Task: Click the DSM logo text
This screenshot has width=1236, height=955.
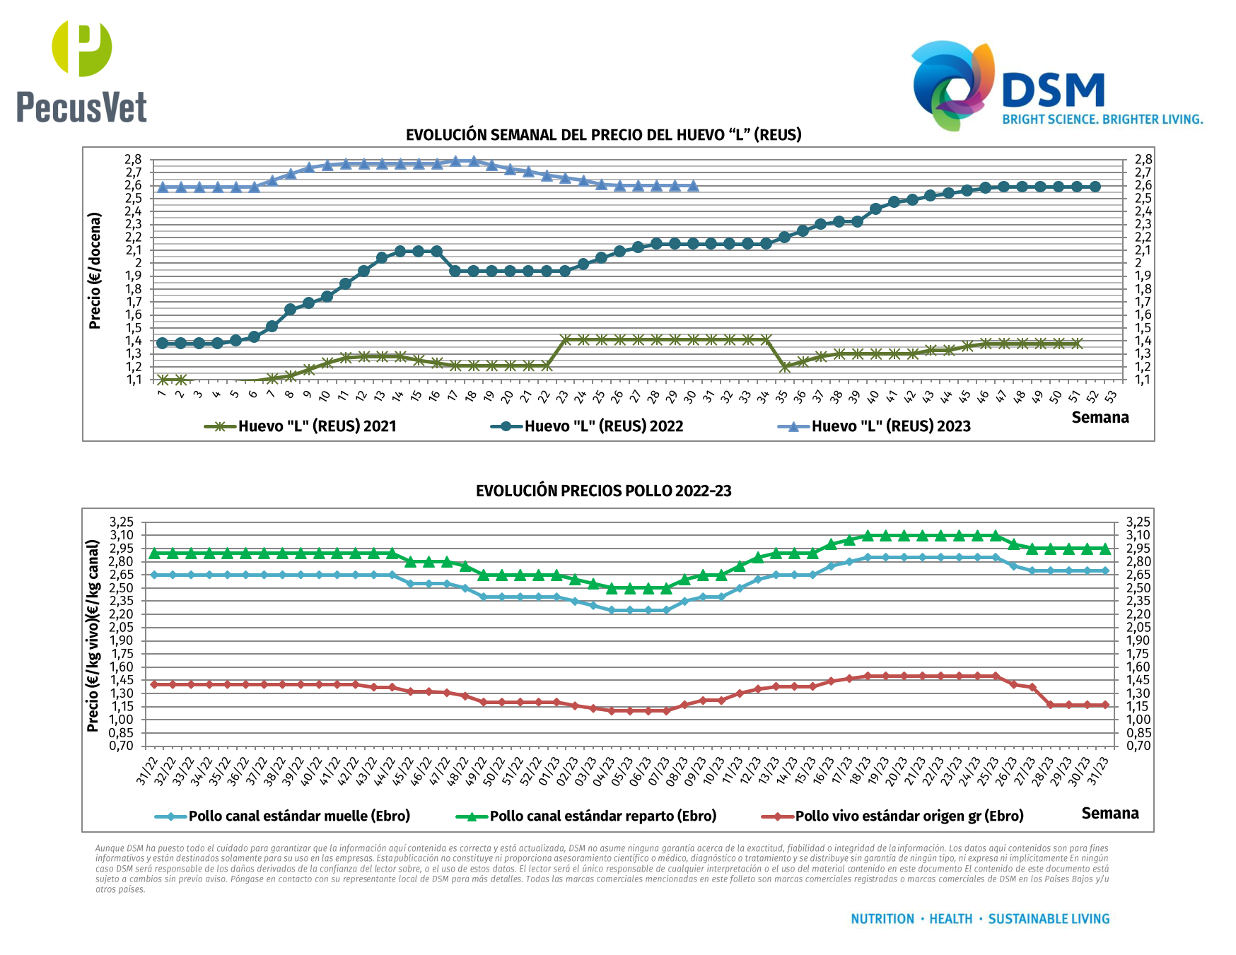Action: pos(1054,91)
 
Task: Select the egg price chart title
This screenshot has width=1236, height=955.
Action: pos(603,135)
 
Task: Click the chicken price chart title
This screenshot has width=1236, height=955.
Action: pos(603,491)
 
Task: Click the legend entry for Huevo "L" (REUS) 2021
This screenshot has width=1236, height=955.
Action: pos(301,426)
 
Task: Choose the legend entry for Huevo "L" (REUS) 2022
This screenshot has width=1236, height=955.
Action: pos(588,426)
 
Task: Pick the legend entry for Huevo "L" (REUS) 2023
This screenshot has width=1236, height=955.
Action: pos(875,426)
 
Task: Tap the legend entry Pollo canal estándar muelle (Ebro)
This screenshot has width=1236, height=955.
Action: pos(283,816)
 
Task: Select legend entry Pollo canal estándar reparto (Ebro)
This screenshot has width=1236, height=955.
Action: pos(587,816)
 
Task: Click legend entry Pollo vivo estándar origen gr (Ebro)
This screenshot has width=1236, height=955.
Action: pos(893,816)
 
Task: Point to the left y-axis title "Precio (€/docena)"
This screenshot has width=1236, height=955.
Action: pos(95,271)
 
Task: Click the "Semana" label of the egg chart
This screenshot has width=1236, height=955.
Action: pos(1100,418)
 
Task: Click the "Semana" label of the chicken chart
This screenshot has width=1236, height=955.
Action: pos(1109,814)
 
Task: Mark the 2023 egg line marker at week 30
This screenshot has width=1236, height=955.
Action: pos(693,186)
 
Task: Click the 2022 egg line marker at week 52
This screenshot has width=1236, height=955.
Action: pos(1095,187)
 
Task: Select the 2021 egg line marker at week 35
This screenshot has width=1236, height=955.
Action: pos(784,367)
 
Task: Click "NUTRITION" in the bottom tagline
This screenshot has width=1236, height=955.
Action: pos(882,919)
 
